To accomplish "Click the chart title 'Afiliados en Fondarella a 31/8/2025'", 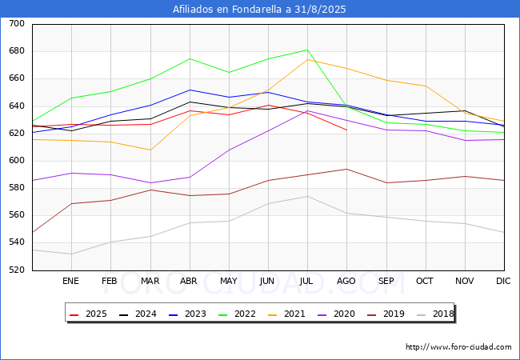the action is [259, 9].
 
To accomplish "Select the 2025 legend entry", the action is [88, 314].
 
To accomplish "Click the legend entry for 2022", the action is [237, 314].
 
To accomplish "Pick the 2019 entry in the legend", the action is [386, 314].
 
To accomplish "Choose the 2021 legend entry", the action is [287, 314].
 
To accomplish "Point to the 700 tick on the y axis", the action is [17, 23].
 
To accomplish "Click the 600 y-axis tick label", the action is [17, 161].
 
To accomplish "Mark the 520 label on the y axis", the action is [17, 270].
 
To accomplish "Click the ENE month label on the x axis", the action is [70, 281].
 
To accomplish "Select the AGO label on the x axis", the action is [346, 281].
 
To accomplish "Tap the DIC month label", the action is [503, 281].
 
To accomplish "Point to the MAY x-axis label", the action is [229, 281].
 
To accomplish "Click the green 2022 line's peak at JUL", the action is [307, 50].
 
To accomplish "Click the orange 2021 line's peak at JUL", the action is [307, 60].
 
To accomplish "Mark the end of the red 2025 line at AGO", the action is [347, 130].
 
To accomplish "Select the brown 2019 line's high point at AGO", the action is [347, 169].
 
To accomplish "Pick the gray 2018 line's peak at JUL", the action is [307, 196].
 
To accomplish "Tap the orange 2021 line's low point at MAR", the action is [150, 150].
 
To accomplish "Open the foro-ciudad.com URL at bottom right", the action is [458, 347].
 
